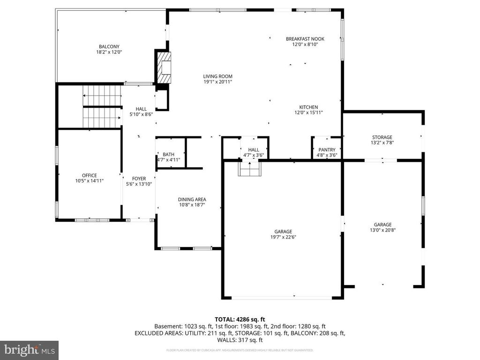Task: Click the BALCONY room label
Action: pos(109,46)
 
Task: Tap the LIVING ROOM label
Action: pos(217,76)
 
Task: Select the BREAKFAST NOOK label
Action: pos(305,39)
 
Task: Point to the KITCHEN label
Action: pos(308,107)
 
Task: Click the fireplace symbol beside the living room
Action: pos(164,67)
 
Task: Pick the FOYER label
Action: pos(139,179)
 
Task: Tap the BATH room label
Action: pos(168,154)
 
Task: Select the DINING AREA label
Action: pos(192,199)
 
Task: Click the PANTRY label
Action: pos(327,150)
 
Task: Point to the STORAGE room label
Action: pos(382,137)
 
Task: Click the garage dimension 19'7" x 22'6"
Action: pos(283,237)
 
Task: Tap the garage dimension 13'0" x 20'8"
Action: pos(382,230)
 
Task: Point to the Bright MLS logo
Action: pos(29,349)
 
